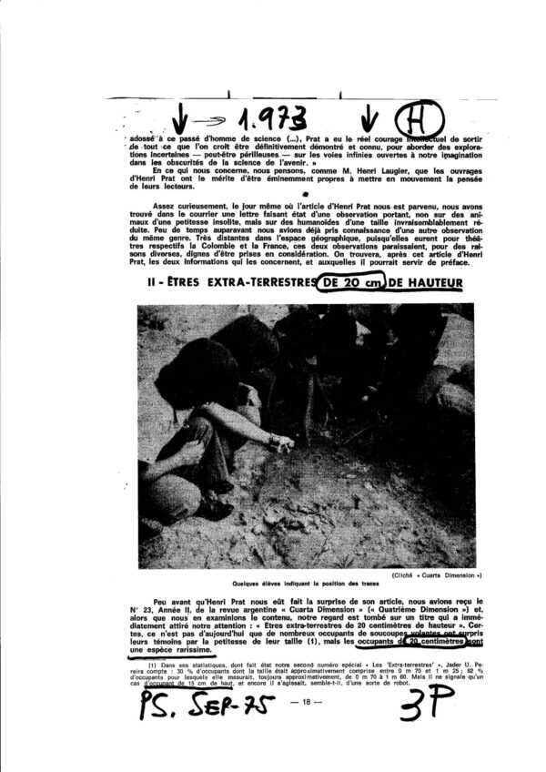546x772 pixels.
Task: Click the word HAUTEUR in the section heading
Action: coord(427,284)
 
